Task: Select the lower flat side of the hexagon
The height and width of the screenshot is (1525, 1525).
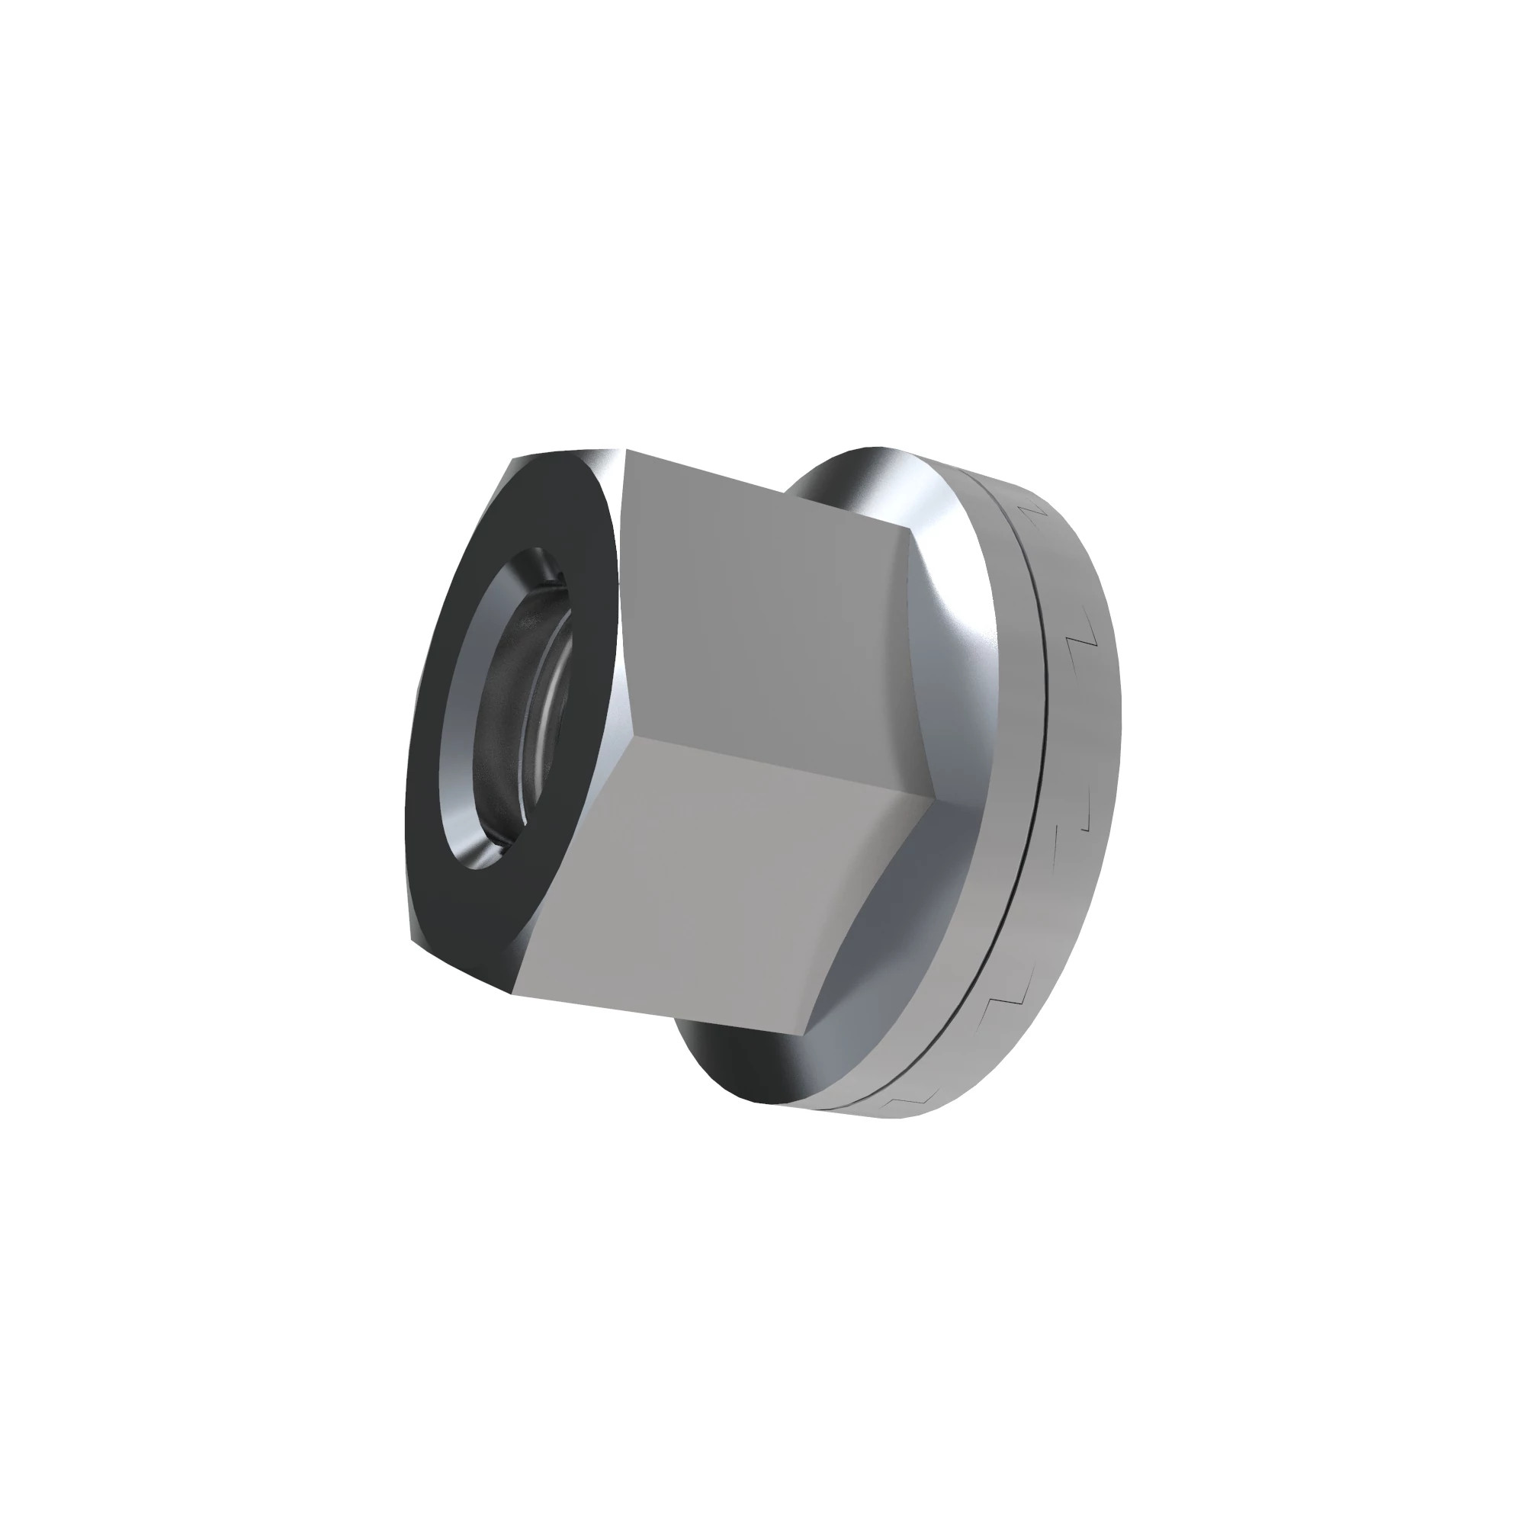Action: (x=711, y=892)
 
